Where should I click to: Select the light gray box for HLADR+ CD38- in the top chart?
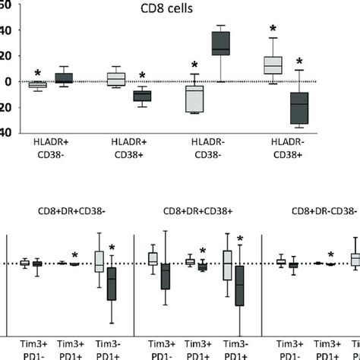[37, 84]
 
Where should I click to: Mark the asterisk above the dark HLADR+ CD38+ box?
[142, 75]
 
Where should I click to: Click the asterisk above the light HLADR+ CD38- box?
[37, 74]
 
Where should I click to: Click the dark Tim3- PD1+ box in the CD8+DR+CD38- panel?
[112, 285]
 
